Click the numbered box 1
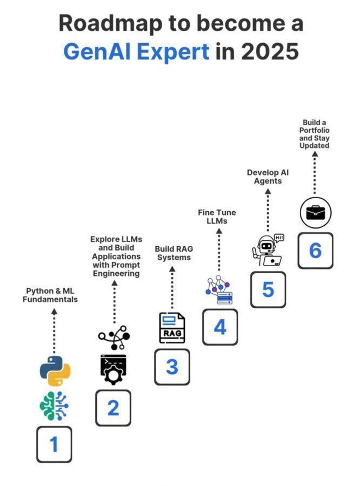click(x=54, y=444)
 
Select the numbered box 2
click(x=113, y=408)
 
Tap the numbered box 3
click(x=172, y=367)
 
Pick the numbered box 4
click(x=220, y=327)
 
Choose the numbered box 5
click(x=268, y=289)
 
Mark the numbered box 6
click(x=315, y=251)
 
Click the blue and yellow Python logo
click(x=55, y=370)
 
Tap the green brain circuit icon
click(x=54, y=406)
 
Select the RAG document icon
click(x=172, y=328)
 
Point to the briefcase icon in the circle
click(x=315, y=213)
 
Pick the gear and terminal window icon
click(x=113, y=368)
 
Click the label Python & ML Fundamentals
click(x=50, y=295)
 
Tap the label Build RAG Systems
click(x=174, y=253)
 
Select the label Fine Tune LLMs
click(x=217, y=217)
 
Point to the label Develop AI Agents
click(x=268, y=177)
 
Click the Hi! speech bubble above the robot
click(x=279, y=238)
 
